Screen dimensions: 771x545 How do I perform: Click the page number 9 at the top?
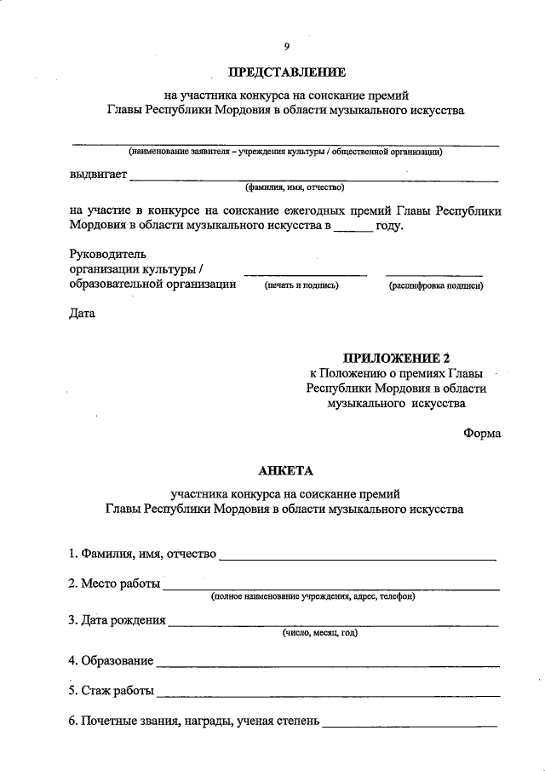click(287, 46)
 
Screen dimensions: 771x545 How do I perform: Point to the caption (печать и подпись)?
click(301, 285)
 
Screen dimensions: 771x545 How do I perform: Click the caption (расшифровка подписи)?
click(436, 285)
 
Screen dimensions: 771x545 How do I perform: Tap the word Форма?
click(482, 433)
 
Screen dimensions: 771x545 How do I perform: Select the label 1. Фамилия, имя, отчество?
click(142, 555)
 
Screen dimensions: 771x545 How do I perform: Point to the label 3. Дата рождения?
click(118, 620)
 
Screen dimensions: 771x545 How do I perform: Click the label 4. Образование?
click(112, 660)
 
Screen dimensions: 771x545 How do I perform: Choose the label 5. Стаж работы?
click(112, 691)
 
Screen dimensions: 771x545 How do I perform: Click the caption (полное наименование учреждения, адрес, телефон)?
click(313, 597)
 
